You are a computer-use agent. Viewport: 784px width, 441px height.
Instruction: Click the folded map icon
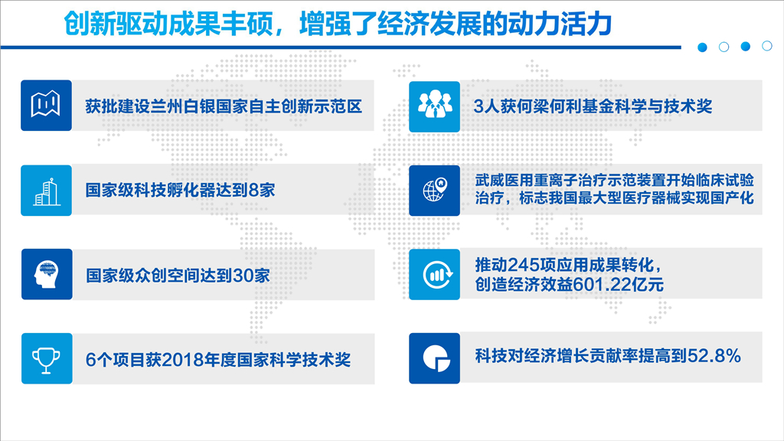46,104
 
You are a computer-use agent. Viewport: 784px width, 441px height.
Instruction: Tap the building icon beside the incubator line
46,191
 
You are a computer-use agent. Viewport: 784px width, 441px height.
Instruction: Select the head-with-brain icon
47,275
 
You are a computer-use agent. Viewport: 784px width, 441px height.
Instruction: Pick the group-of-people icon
435,104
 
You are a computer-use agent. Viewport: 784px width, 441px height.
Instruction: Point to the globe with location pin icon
434,190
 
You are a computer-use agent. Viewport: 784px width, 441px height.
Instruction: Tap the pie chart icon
436,358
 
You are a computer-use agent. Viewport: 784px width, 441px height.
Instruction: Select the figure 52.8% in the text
714,355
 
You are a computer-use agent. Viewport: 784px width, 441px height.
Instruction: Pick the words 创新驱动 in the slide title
116,24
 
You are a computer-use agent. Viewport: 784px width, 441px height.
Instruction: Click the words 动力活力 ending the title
560,24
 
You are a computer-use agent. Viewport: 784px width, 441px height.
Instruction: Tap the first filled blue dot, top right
703,47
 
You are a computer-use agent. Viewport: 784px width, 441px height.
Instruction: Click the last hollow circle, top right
767,46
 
